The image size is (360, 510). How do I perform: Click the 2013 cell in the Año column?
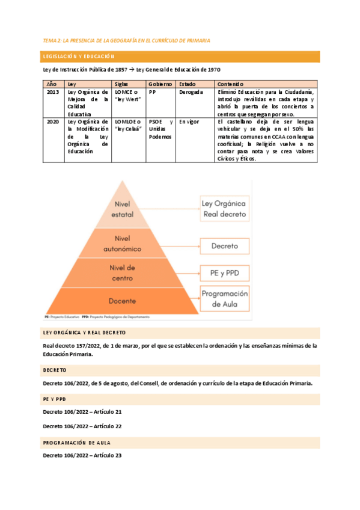pos(52,93)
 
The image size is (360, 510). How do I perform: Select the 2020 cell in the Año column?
pos(52,122)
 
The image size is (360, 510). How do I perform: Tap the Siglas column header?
pos(122,84)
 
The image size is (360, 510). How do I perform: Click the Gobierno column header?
pos(160,84)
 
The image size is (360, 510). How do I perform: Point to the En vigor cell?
pos(189,122)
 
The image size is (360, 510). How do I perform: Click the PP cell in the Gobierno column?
pos(152,93)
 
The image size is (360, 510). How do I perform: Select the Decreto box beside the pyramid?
pos(224,246)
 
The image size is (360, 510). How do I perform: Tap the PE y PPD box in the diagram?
pos(224,272)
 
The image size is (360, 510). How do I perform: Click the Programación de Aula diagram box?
pos(224,299)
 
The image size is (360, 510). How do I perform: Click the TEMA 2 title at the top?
pos(126,40)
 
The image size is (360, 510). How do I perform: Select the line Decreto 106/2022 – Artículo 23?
pos(82,455)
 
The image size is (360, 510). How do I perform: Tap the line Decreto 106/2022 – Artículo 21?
pos(82,412)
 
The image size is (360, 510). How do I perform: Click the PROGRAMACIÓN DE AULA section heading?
pos(80,442)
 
